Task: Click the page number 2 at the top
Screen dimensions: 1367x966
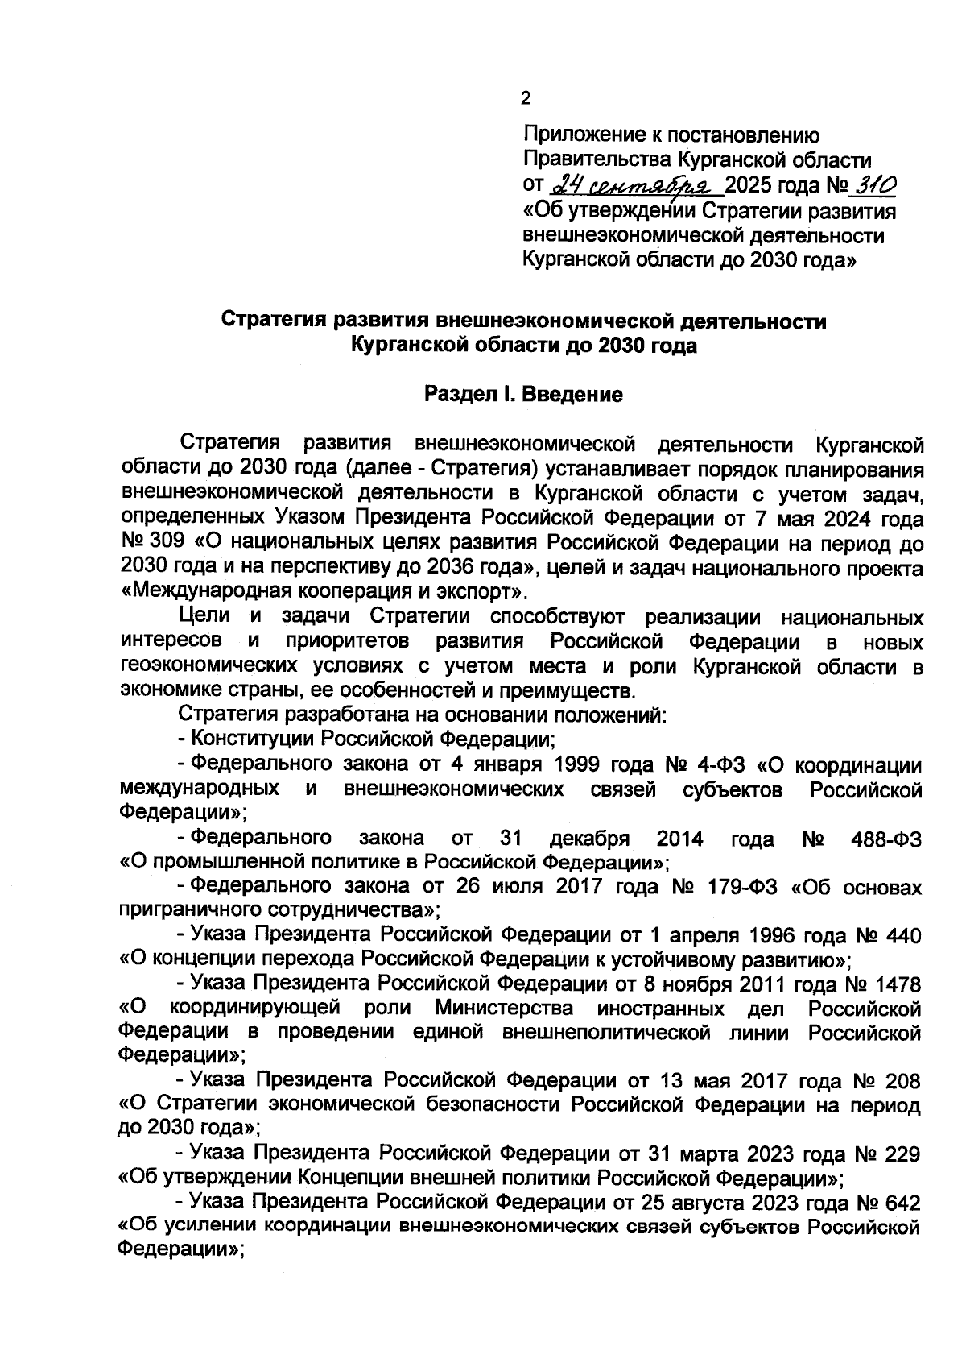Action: coord(526,100)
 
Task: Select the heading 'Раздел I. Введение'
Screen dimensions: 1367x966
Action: coord(523,396)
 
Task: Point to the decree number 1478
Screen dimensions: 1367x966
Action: coord(895,984)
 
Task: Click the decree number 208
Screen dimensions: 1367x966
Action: coord(902,1080)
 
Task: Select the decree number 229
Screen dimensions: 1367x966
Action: coord(902,1154)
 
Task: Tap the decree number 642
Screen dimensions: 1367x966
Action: coord(902,1203)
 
